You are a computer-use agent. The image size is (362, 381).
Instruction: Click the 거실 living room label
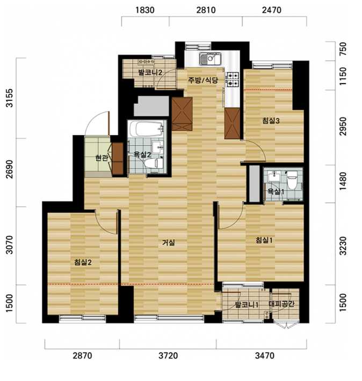[169, 242]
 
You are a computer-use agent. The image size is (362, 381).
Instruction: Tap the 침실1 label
[264, 240]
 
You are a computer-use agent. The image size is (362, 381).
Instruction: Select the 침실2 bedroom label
[83, 262]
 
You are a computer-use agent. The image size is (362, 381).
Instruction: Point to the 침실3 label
[271, 121]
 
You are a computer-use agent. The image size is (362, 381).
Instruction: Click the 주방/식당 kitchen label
[203, 80]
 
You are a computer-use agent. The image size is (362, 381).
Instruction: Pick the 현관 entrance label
[102, 158]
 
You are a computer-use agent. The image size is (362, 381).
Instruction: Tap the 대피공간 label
[281, 304]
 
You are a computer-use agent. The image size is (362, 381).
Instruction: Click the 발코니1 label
[247, 305]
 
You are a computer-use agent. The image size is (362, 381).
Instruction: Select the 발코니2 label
[150, 72]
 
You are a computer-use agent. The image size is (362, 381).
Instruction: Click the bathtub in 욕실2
[147, 129]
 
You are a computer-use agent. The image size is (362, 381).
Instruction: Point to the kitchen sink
[210, 59]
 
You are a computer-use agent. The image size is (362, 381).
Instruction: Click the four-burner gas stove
[233, 80]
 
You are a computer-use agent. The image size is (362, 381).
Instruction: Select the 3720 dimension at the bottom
[168, 356]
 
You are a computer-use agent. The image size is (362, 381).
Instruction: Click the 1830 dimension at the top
[145, 10]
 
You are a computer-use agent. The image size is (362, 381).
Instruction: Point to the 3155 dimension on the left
[10, 98]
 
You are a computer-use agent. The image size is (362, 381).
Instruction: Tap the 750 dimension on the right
[343, 49]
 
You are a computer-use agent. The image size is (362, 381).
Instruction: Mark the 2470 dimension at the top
[272, 10]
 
